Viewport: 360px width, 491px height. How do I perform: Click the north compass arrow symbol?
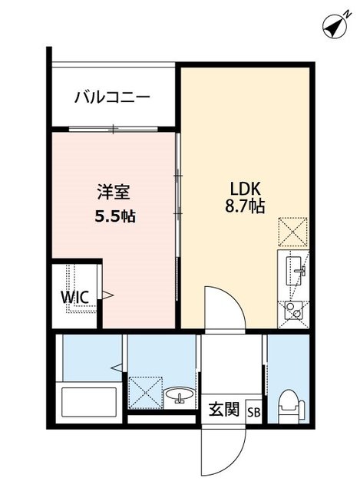pyautogui.click(x=332, y=26)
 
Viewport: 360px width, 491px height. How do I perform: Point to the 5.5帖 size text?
pyautogui.click(x=115, y=216)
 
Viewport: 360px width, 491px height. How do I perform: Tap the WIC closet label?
pyautogui.click(x=77, y=297)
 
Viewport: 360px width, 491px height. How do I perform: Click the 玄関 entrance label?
pyautogui.click(x=223, y=409)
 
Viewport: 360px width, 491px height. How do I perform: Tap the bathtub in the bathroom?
pyautogui.click(x=88, y=403)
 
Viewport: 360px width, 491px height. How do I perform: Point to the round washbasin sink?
pyautogui.click(x=181, y=397)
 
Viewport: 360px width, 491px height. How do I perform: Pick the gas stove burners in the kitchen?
pyautogui.click(x=292, y=310)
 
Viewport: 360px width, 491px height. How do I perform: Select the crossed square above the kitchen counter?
pyautogui.click(x=292, y=229)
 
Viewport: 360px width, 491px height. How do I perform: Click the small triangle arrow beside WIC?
pyautogui.click(x=108, y=295)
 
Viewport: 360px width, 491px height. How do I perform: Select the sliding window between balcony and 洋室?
pyautogui.click(x=115, y=129)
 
